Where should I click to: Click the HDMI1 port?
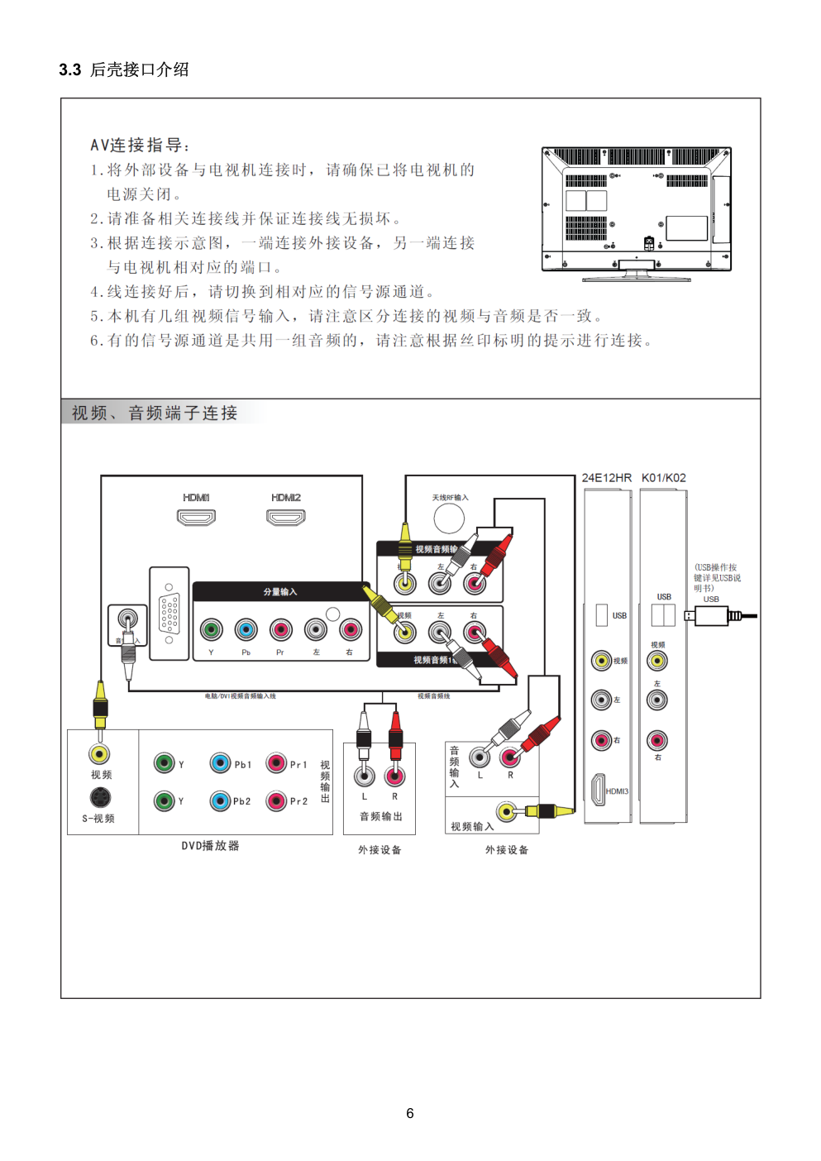click(x=196, y=518)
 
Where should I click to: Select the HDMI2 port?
click(x=285, y=518)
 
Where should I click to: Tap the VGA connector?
click(x=169, y=614)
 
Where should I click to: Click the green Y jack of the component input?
click(x=212, y=630)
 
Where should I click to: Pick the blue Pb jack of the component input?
click(x=246, y=630)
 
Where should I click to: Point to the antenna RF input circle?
click(x=449, y=518)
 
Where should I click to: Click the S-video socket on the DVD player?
click(x=100, y=797)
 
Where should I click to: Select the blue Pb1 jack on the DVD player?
click(x=220, y=762)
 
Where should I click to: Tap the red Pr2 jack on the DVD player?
click(x=276, y=800)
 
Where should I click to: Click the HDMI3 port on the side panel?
click(x=598, y=790)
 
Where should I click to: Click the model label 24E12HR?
click(x=606, y=478)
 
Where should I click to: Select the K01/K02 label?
click(x=663, y=478)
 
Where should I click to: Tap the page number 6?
click(x=410, y=1113)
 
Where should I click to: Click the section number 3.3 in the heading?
click(x=69, y=70)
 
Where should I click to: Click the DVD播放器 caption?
click(x=210, y=846)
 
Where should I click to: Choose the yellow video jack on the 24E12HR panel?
click(x=601, y=660)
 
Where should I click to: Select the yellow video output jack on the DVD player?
click(x=100, y=753)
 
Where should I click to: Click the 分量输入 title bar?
click(x=279, y=591)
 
